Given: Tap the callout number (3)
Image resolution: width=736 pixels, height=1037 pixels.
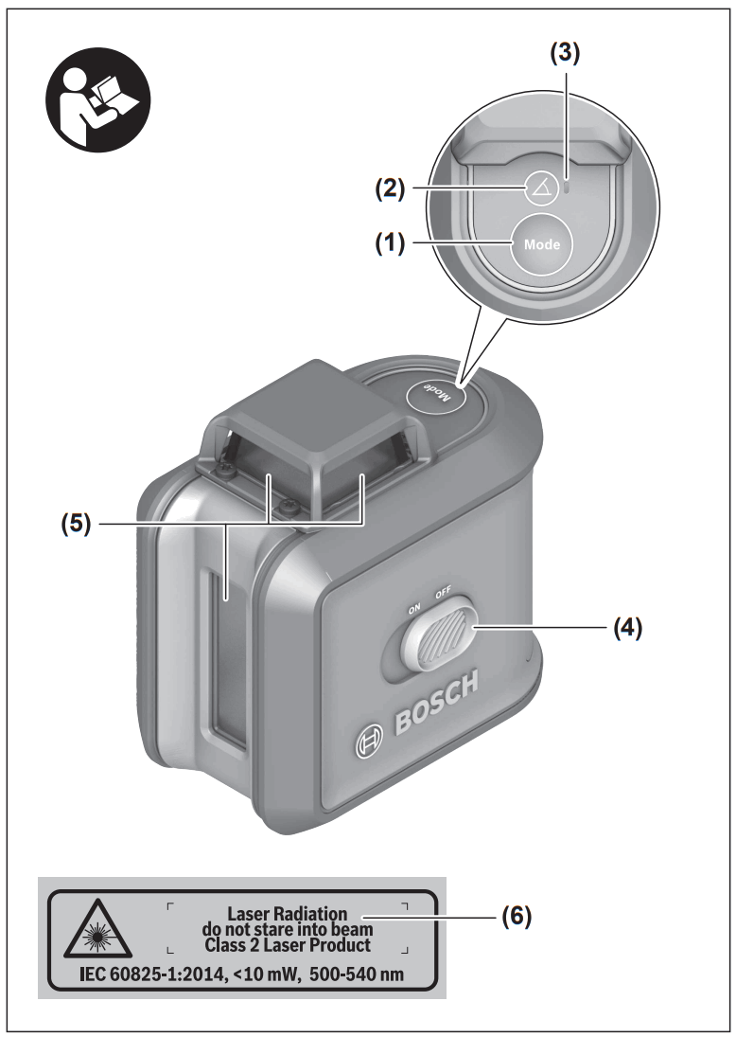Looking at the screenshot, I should [565, 54].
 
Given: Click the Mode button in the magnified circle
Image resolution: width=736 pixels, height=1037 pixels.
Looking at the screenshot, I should [541, 244].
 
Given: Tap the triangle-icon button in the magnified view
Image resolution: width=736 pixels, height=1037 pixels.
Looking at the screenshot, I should [541, 188].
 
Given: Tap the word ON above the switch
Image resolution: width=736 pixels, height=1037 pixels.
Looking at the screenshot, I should [413, 610].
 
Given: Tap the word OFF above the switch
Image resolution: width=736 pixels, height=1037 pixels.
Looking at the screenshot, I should [443, 594].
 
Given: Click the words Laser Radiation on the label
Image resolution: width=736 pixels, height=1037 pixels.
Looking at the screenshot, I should [287, 913].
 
